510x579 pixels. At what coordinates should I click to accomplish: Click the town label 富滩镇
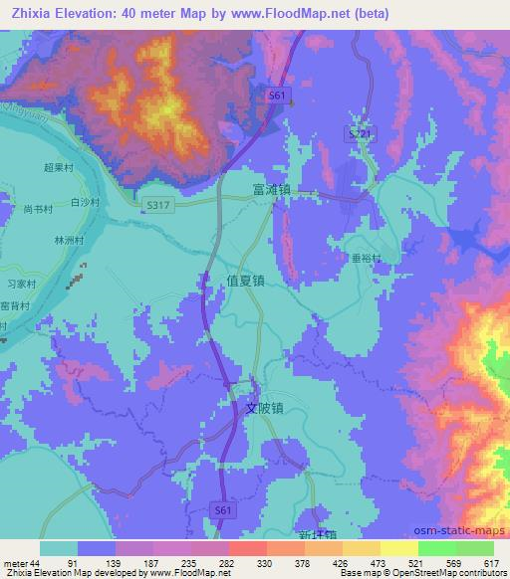click(271, 186)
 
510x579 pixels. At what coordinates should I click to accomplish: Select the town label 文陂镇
click(266, 407)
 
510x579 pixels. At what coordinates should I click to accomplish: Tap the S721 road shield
click(362, 132)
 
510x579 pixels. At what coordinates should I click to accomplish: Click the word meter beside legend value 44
click(16, 561)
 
